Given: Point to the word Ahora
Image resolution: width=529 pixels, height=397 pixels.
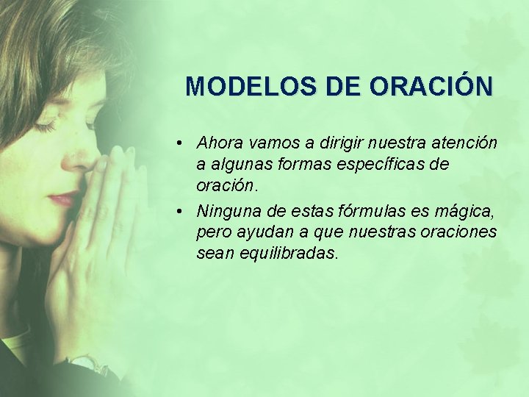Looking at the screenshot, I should click(x=218, y=141).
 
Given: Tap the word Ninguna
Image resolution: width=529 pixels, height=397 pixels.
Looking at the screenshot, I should click(x=226, y=212).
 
